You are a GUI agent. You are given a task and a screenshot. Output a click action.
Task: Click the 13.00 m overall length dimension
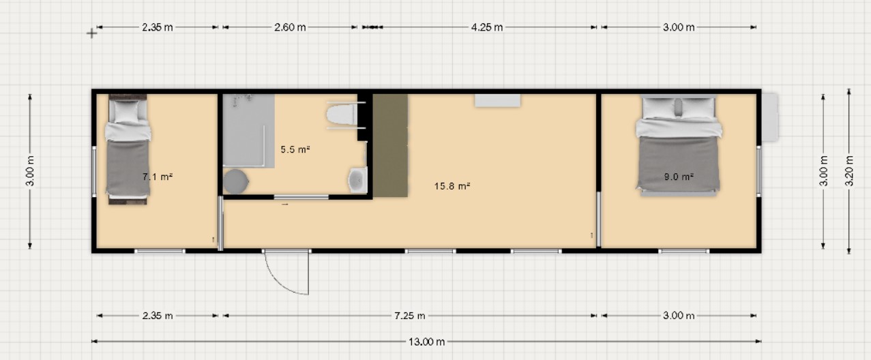click(426, 342)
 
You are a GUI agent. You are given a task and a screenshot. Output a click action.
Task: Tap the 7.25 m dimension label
click(410, 316)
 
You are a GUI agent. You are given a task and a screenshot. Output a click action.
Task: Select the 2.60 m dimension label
click(290, 27)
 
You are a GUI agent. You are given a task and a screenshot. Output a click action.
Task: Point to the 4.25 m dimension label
click(487, 27)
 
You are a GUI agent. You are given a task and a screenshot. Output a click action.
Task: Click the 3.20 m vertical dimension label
click(849, 171)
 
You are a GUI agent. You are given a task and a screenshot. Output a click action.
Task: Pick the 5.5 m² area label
click(295, 149)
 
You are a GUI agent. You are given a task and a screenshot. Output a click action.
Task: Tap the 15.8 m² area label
click(452, 186)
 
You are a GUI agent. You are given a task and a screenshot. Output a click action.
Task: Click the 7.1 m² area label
click(158, 177)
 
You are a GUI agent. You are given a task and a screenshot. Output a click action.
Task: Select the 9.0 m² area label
click(679, 177)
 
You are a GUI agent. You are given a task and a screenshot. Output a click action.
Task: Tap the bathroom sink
click(357, 180)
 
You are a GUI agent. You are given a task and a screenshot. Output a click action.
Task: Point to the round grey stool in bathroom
click(235, 181)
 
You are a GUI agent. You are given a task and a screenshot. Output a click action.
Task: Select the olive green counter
click(390, 145)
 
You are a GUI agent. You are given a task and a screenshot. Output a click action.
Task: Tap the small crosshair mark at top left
click(92, 34)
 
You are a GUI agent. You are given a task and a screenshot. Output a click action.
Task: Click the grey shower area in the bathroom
click(248, 131)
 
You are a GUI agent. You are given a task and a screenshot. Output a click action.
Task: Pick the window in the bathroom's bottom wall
click(301, 197)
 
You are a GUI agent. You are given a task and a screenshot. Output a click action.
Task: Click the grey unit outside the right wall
click(770, 117)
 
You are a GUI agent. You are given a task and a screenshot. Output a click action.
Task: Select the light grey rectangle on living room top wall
click(498, 100)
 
